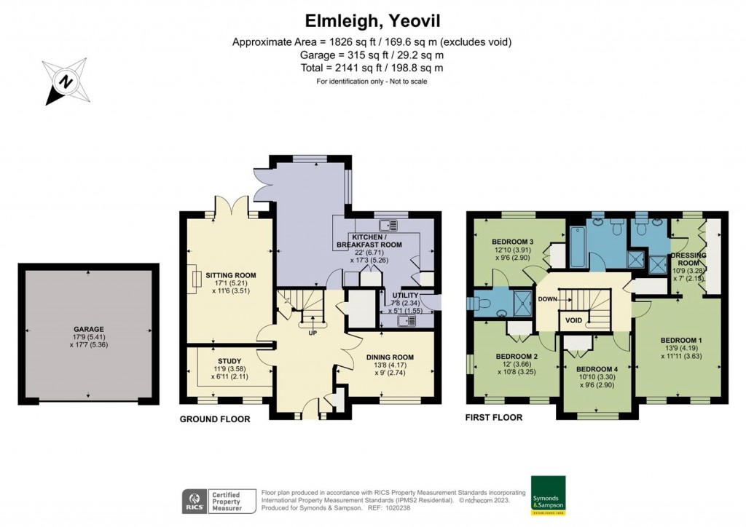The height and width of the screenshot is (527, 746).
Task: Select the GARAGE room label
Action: point(87,329)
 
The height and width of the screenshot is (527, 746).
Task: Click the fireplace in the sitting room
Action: point(197,280)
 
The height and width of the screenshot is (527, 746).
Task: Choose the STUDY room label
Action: point(229,360)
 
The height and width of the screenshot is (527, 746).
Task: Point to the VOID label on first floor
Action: point(573,320)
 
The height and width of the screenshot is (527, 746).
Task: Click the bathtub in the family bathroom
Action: point(576,247)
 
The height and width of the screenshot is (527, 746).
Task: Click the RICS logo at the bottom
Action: point(193,502)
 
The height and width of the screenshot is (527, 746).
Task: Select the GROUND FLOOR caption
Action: point(215,419)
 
